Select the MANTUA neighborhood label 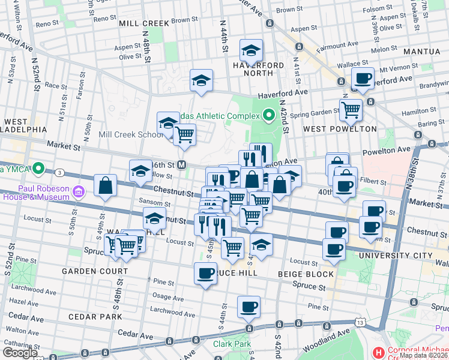(x=422, y=52)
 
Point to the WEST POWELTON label (x=340, y=129)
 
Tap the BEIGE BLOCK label (x=306, y=274)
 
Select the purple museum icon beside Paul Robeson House (x=78, y=191)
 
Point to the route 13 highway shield (x=360, y=323)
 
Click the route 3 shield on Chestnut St (x=60, y=173)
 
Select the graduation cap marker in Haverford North (x=251, y=50)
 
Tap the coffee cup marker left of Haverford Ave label (x=363, y=78)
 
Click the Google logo (x=20, y=352)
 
